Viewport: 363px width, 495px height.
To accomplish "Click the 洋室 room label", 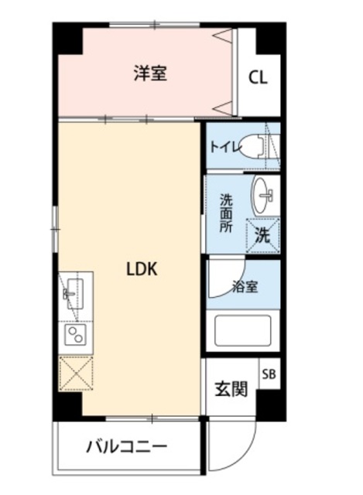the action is pos(150,73).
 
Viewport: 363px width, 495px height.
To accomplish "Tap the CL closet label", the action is pos(258,77).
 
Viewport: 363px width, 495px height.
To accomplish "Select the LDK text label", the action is pos(142,270).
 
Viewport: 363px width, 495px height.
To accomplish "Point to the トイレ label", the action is pos(226,147).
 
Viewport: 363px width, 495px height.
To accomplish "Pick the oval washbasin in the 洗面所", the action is pos(262,195).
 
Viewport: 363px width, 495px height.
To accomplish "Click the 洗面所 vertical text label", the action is pos(226,213).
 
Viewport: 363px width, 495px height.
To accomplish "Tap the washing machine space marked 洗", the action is pos(263,235).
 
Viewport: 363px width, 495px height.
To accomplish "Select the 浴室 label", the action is pos(245,287).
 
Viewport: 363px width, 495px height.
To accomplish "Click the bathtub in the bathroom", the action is pos(243,330).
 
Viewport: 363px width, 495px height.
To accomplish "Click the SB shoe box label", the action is pos(269,374).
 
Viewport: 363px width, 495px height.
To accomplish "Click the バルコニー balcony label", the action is pos(126,447).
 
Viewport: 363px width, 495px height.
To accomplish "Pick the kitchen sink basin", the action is pos(75,294).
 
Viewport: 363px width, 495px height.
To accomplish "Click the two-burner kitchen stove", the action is pos(76,335).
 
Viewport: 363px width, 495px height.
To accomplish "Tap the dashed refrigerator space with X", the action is pos(76,374).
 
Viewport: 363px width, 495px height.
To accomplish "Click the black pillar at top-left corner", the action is pos(67,38).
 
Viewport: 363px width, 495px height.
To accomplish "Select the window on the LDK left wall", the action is pos(55,229).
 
